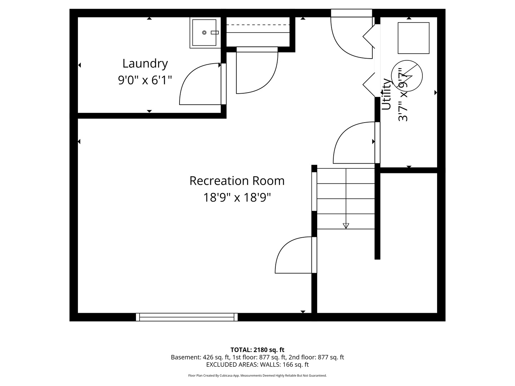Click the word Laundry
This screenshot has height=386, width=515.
pyautogui.click(x=145, y=64)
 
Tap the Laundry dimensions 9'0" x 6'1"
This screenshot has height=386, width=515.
pyautogui.click(x=145, y=80)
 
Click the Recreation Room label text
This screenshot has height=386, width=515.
pyautogui.click(x=237, y=181)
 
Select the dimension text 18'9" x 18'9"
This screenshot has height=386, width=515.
pyautogui.click(x=237, y=197)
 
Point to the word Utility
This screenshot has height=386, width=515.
pyautogui.click(x=386, y=94)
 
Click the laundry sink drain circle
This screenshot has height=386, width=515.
pyautogui.click(x=204, y=33)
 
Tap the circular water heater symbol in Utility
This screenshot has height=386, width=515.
pyautogui.click(x=407, y=76)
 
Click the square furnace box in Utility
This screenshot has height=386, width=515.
pyautogui.click(x=413, y=38)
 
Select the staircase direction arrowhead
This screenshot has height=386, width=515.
pyautogui.click(x=346, y=226)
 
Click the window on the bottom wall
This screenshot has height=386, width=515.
pyautogui.click(x=187, y=317)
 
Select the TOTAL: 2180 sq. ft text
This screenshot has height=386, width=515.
pyautogui.click(x=257, y=350)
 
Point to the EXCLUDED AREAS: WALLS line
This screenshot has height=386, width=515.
pyautogui.click(x=257, y=365)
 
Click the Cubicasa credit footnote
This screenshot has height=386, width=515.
pyautogui.click(x=257, y=375)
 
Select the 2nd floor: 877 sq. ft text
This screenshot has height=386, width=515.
pyautogui.click(x=316, y=357)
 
